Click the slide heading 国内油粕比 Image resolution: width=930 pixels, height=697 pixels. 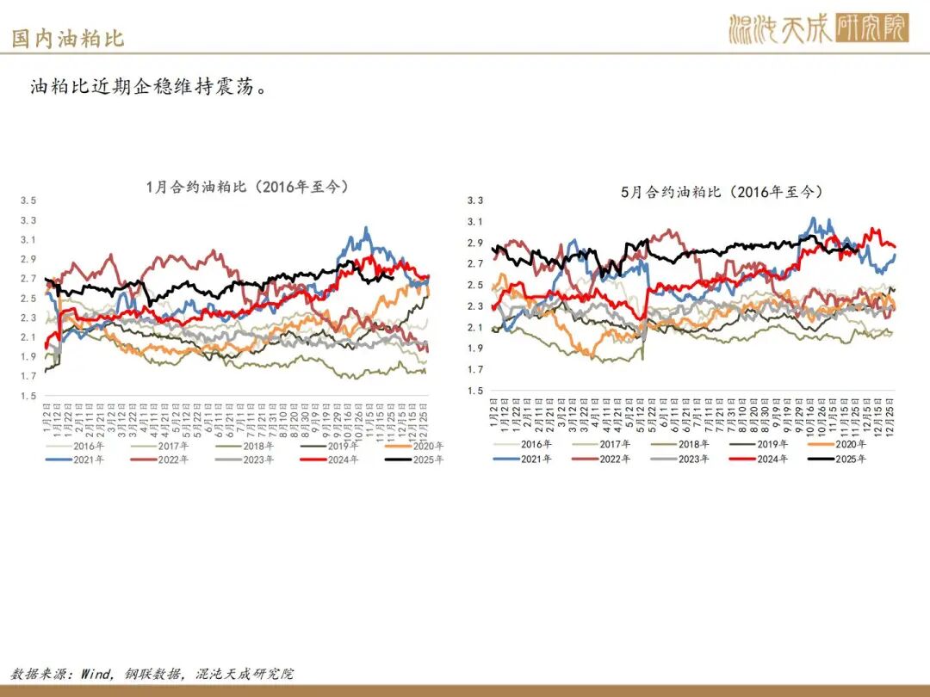[x=68, y=39]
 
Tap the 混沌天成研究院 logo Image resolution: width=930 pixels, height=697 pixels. [x=818, y=28]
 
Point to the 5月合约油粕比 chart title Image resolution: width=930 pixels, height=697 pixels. [x=722, y=193]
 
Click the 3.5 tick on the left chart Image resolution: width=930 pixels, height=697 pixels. [x=28, y=200]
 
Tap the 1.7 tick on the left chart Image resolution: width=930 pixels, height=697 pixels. [x=28, y=376]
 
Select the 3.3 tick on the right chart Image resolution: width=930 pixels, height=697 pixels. [x=475, y=200]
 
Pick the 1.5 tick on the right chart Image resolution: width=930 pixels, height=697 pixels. [x=475, y=391]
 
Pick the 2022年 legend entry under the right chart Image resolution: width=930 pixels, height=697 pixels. [x=617, y=459]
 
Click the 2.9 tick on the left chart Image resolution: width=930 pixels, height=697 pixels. [x=28, y=259]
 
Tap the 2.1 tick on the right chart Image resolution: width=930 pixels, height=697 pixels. [x=475, y=327]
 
